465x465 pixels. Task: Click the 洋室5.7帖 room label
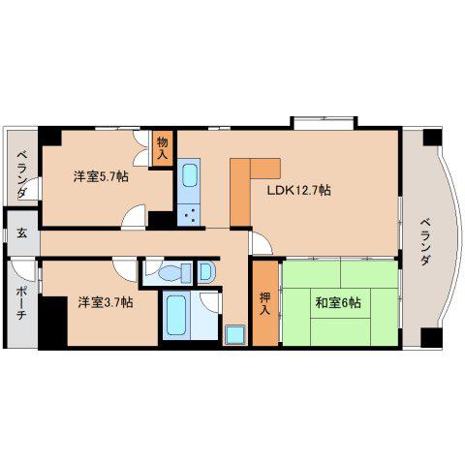pyautogui.click(x=101, y=176)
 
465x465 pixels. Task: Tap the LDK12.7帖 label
pyautogui.click(x=298, y=190)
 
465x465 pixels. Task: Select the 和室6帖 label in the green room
pyautogui.click(x=338, y=303)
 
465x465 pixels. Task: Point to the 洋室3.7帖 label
pyautogui.click(x=106, y=302)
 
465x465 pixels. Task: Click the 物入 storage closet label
pyautogui.click(x=163, y=148)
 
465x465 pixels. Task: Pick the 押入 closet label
pyautogui.click(x=264, y=303)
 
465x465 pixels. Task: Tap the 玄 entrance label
pyautogui.click(x=22, y=232)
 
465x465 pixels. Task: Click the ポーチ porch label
pyautogui.click(x=21, y=303)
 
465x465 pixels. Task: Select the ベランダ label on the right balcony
pyautogui.click(x=426, y=241)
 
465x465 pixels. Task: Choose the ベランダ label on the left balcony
pyautogui.click(x=22, y=173)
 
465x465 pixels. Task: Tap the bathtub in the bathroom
pyautogui.click(x=176, y=316)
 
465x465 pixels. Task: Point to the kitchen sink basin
pyautogui.click(x=189, y=175)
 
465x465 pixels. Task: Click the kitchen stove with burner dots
pyautogui.click(x=189, y=215)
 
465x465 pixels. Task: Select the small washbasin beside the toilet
pyautogui.click(x=205, y=272)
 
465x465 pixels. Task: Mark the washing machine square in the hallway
pyautogui.click(x=234, y=335)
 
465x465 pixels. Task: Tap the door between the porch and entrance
pyautogui.click(x=22, y=269)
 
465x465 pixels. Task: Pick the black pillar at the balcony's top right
pyautogui.click(x=432, y=138)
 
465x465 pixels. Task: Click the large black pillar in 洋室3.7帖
pyautogui.click(x=52, y=322)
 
